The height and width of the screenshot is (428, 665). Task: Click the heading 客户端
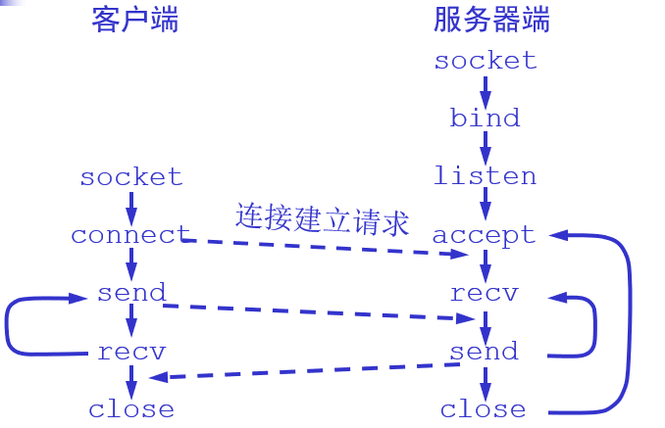click(x=135, y=20)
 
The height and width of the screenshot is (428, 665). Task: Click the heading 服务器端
click(x=491, y=20)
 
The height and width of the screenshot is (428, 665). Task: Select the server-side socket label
click(x=486, y=61)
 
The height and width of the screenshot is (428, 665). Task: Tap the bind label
click(x=485, y=119)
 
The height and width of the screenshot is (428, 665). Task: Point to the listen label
click(x=485, y=176)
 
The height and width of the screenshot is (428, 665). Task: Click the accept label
click(x=484, y=235)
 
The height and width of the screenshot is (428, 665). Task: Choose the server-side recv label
click(x=484, y=293)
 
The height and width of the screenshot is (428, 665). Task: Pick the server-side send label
click(x=484, y=351)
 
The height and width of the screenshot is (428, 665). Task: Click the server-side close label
click(x=483, y=409)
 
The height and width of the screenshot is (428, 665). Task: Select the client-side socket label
click(x=131, y=177)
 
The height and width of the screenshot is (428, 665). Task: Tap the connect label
click(x=130, y=235)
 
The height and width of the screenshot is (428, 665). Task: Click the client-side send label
click(x=131, y=293)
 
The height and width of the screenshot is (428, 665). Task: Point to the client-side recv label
click(x=131, y=352)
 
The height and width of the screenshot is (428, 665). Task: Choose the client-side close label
click(x=131, y=409)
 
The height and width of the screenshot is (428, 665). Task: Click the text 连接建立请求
click(x=322, y=217)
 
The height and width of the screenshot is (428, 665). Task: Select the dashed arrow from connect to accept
click(x=324, y=247)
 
